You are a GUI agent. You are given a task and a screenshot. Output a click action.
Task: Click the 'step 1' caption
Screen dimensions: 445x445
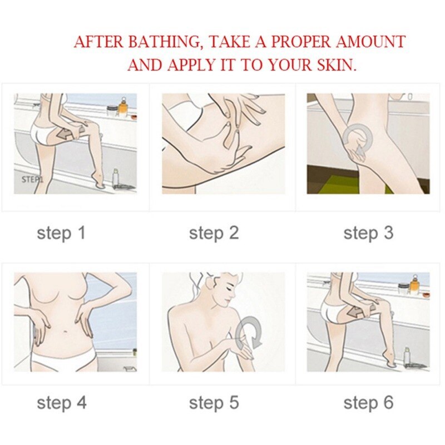pos(61,233)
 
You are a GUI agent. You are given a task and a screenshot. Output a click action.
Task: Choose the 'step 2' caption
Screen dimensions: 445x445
pos(214,233)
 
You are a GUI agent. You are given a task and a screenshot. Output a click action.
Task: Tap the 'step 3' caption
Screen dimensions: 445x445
pos(368,233)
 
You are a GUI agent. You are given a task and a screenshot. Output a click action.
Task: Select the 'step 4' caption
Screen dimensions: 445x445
pos(62,403)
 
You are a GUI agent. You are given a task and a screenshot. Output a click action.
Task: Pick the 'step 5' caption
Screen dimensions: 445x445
pos(214,403)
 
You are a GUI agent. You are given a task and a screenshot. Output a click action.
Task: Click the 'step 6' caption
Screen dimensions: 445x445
pos(368,403)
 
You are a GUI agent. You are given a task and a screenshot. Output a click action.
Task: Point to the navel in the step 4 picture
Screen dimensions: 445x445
pos(66,331)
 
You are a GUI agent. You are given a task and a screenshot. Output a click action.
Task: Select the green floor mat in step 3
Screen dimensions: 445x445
pos(346,185)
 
